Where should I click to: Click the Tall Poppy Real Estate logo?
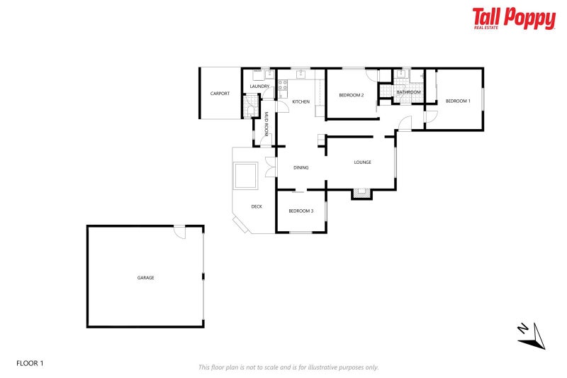click(x=514, y=18)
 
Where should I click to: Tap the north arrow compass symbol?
click(x=531, y=335)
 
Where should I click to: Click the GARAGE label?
click(x=145, y=277)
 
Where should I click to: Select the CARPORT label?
click(x=220, y=94)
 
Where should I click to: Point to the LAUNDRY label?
click(x=259, y=87)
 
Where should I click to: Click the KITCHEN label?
click(x=301, y=102)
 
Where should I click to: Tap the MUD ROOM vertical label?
click(x=266, y=123)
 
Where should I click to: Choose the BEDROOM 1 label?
click(x=457, y=101)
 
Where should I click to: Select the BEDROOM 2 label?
click(x=351, y=95)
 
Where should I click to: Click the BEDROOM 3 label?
click(x=301, y=211)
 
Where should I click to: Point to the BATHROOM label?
click(x=408, y=92)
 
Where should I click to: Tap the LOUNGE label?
click(x=362, y=162)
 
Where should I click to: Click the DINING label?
click(x=301, y=168)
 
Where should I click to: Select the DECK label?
click(x=257, y=206)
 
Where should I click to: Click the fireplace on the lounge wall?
click(x=361, y=192)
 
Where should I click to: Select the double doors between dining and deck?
click(x=269, y=168)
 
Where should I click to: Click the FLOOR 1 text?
click(x=30, y=363)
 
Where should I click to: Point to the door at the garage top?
click(x=180, y=232)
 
